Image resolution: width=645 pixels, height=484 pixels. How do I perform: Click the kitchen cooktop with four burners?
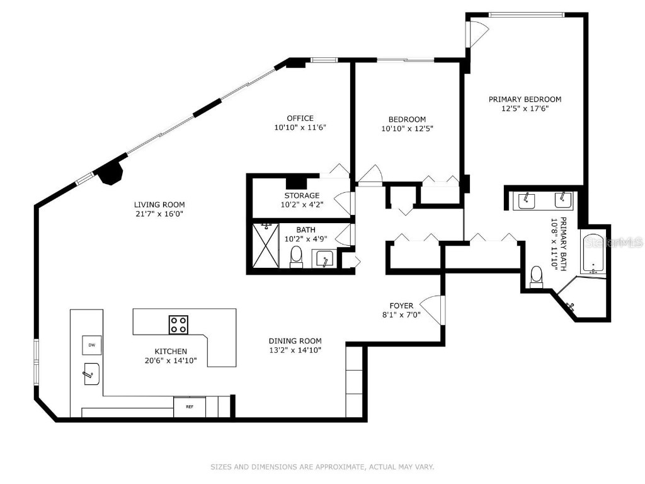coord(178,325)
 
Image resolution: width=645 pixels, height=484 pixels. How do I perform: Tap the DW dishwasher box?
coord(91,345)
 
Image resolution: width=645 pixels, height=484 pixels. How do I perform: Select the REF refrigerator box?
coord(189,406)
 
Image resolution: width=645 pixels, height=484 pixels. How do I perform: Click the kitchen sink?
coord(89,374)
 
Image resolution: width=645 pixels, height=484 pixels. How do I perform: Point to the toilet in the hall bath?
coord(296,256)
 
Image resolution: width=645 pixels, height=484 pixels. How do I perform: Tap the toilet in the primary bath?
coord(537,276)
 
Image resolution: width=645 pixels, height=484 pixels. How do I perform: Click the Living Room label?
coord(159,204)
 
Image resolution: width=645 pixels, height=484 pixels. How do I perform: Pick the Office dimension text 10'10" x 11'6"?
coord(300,128)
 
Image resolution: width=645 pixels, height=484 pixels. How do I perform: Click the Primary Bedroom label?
coord(525,99)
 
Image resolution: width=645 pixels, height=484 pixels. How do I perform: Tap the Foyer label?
coord(401,306)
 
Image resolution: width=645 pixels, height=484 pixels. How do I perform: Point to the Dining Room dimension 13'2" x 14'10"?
coord(295,350)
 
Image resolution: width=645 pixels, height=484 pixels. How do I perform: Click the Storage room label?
coord(301,195)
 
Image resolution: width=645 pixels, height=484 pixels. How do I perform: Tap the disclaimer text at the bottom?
coord(322,467)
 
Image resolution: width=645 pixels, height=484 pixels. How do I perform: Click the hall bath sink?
coord(323,258)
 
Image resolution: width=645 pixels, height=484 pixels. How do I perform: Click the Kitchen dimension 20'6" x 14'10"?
coord(171,360)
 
